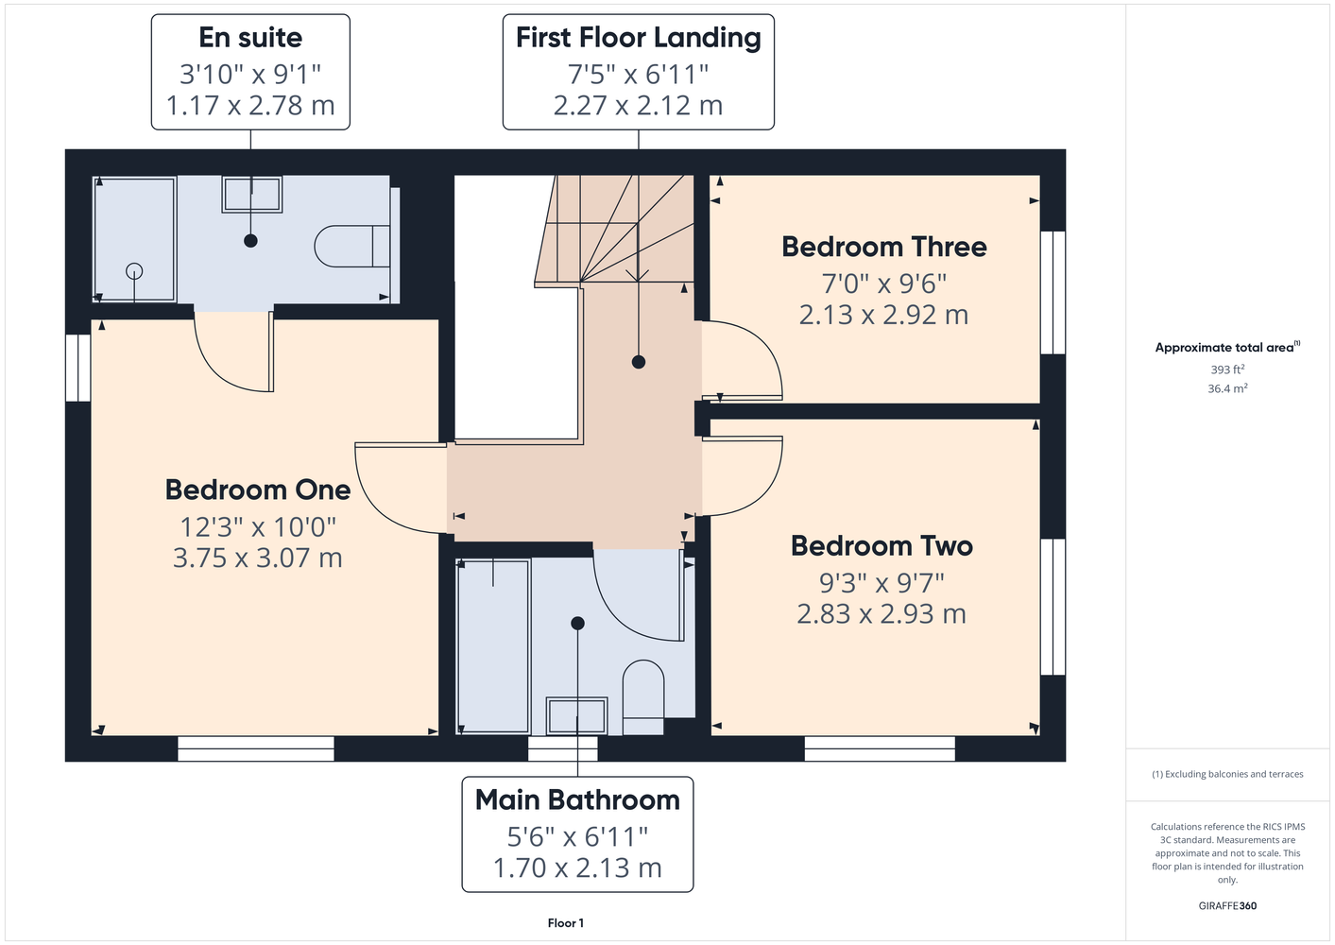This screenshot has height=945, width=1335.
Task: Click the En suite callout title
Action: point(250,38)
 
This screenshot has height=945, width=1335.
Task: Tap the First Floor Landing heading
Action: point(639,38)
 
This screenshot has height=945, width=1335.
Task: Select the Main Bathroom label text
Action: point(577,799)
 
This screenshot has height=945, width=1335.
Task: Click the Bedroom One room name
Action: point(258,490)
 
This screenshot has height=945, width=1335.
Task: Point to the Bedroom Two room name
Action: point(881,546)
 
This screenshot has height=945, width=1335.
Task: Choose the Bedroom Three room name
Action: point(883,247)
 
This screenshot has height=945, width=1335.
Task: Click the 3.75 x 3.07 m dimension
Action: point(258,558)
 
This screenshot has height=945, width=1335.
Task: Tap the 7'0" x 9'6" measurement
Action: point(883,283)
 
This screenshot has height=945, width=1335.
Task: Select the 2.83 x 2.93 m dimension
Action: point(881,614)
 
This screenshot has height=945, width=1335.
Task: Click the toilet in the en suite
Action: point(352,246)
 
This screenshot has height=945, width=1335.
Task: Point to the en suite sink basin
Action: point(252,194)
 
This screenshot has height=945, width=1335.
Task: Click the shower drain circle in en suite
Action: point(134,271)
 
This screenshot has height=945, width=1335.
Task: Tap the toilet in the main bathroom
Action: point(643,697)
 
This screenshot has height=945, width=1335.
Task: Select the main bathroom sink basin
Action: point(577,715)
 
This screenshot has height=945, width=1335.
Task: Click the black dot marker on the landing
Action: point(639,362)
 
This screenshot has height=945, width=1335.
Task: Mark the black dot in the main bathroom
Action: point(577,624)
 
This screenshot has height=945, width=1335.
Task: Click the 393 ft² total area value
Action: point(1227,369)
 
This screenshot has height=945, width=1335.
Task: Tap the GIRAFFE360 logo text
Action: point(1227,905)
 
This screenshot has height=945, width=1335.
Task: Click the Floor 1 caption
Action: point(566,923)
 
